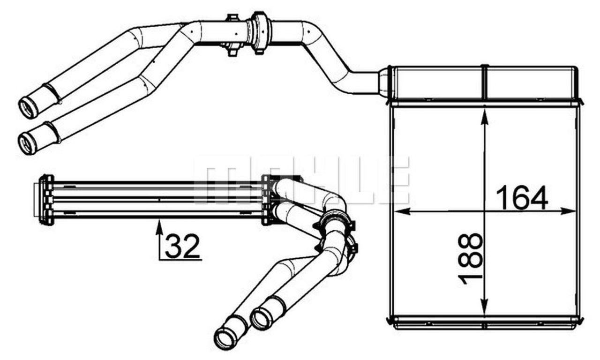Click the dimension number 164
click(522, 197)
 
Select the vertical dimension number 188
click(470, 258)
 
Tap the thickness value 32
click(182, 246)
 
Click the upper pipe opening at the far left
click(28, 108)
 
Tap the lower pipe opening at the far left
click(28, 143)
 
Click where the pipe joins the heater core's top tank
click(383, 82)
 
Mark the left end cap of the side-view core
click(45, 200)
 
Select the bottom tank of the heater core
click(485, 322)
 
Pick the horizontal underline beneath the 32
click(180, 259)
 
